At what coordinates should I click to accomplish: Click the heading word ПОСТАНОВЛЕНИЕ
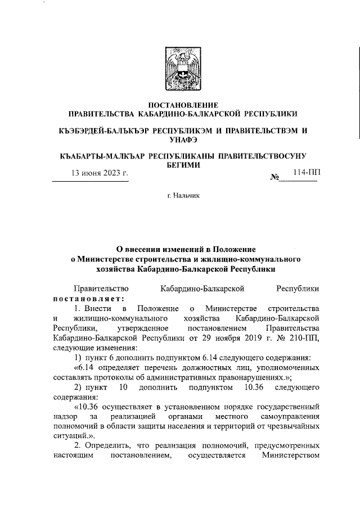coord(179,105)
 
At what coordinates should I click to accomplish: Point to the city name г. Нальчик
coord(179,210)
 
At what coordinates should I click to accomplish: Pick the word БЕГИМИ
coord(179,165)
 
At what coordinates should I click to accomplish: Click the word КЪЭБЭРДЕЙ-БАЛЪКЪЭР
coord(105,130)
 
